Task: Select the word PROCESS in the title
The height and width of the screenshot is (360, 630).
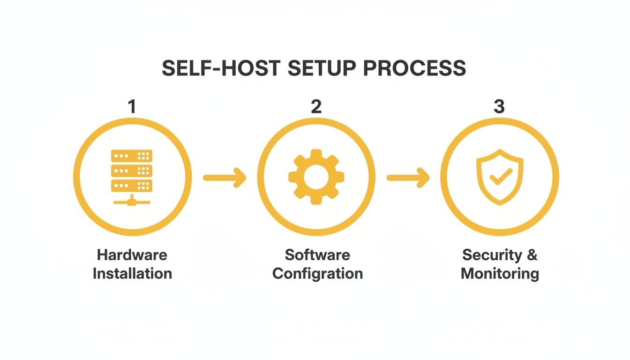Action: click(x=415, y=69)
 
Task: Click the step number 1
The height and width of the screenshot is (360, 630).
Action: click(x=132, y=107)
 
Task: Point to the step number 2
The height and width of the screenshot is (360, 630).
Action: click(x=316, y=107)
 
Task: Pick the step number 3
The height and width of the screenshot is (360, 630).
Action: click(x=499, y=107)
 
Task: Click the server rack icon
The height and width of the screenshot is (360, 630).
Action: click(x=132, y=176)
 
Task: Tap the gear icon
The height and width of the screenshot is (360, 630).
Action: click(x=316, y=177)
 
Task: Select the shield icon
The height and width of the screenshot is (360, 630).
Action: click(x=500, y=178)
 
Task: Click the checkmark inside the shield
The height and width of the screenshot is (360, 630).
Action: click(x=500, y=177)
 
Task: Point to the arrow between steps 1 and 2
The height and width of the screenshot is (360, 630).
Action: click(x=225, y=177)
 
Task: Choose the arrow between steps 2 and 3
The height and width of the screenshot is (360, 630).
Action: click(x=408, y=177)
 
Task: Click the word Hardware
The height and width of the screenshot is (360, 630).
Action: click(x=132, y=255)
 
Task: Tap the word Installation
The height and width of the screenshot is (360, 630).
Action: click(x=132, y=273)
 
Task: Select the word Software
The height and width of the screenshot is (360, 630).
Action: click(x=317, y=255)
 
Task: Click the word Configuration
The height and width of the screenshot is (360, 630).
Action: click(x=317, y=273)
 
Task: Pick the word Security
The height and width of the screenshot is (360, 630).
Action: click(x=492, y=255)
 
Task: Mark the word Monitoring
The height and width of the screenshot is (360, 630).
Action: click(x=500, y=273)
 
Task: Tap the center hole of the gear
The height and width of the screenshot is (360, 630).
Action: click(x=316, y=177)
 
